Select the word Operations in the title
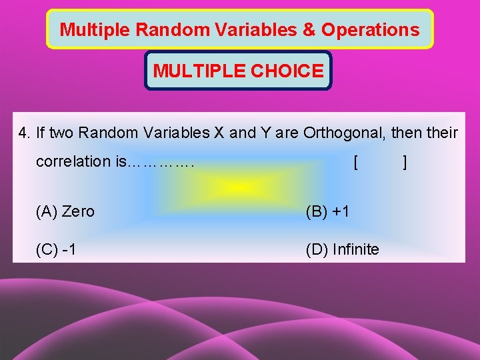(x=370, y=30)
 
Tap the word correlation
(x=74, y=161)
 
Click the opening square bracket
(x=357, y=162)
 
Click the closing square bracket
(x=405, y=162)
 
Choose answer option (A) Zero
(x=65, y=212)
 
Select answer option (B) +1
(x=327, y=212)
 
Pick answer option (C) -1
(x=56, y=250)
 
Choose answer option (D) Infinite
(x=342, y=250)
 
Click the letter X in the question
(x=218, y=133)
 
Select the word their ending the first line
(x=442, y=133)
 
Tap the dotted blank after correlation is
(x=159, y=162)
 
